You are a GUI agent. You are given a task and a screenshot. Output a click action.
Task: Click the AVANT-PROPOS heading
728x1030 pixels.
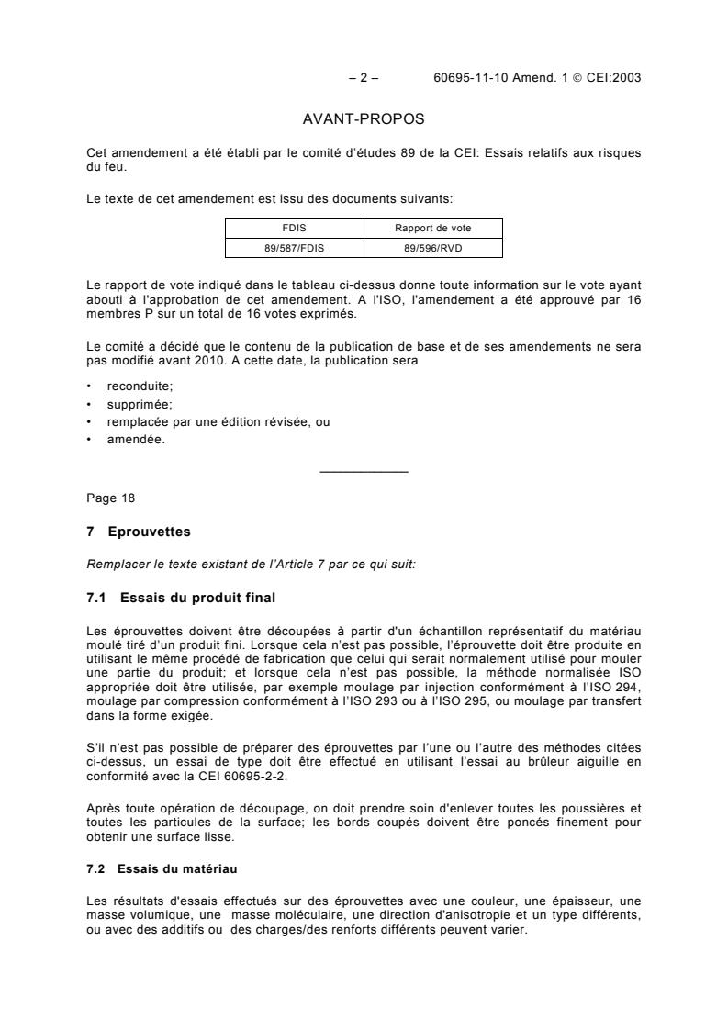(x=364, y=119)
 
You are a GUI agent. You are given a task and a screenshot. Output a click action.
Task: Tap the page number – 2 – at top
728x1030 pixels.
(x=364, y=78)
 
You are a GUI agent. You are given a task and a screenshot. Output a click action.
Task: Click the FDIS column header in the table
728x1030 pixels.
(x=295, y=229)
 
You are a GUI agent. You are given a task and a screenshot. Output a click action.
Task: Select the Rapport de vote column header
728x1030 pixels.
(x=433, y=229)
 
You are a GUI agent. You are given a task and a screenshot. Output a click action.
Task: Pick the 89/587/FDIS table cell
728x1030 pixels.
(x=295, y=247)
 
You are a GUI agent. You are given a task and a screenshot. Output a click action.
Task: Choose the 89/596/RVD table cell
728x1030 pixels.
(x=433, y=247)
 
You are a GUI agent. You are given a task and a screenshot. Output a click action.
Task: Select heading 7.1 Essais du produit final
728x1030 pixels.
(x=180, y=599)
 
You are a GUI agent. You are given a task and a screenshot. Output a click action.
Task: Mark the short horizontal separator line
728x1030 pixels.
(x=364, y=472)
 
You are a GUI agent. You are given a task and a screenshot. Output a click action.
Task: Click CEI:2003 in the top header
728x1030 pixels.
(x=613, y=78)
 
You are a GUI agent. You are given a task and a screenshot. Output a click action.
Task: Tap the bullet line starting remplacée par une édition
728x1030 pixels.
(x=218, y=421)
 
